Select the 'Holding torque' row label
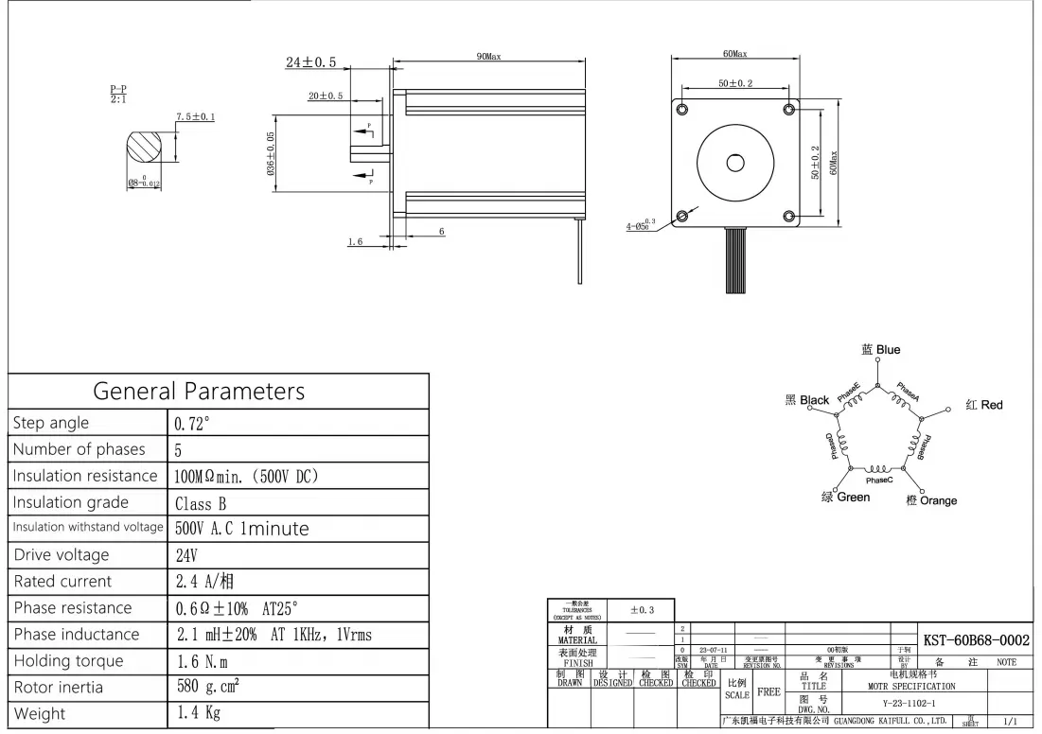68,661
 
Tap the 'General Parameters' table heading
199,391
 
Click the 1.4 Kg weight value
199,713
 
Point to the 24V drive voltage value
187,555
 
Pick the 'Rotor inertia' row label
59,688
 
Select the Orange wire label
931,500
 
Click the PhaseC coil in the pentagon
878,469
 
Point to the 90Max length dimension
488,57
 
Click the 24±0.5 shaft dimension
311,62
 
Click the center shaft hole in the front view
735,163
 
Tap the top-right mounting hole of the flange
789,110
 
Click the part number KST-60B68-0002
976,640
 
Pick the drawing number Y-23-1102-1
903,704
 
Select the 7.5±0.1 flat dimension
195,117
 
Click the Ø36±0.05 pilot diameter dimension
272,155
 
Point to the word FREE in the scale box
769,692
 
